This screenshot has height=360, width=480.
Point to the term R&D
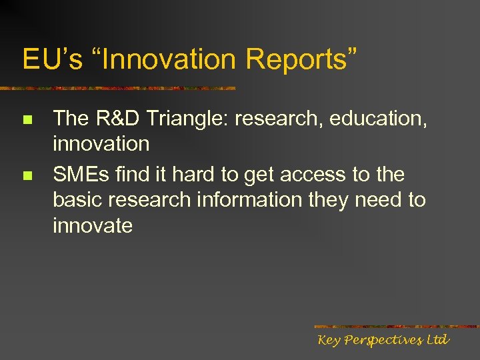click(122, 119)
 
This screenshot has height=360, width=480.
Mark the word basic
click(79, 200)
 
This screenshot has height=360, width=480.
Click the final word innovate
click(93, 225)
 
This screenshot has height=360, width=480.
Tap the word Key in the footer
click(330, 340)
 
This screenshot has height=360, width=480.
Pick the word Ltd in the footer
click(437, 340)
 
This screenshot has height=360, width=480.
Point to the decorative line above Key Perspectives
click(396, 327)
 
